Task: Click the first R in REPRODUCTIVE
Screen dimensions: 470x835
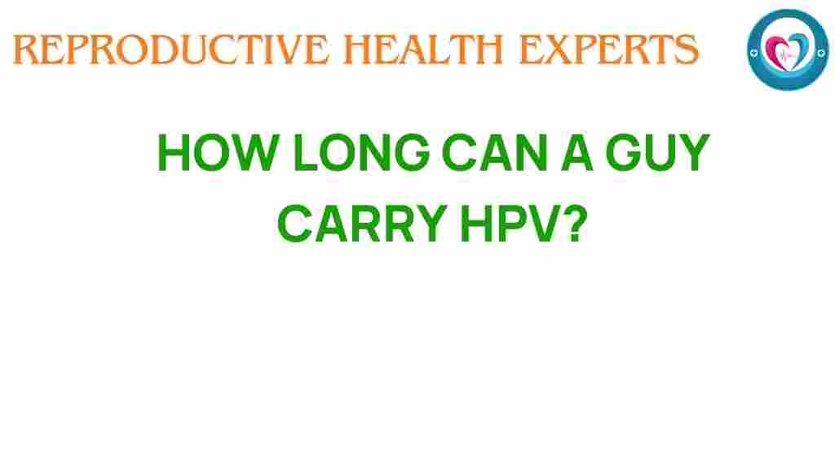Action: (26, 51)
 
